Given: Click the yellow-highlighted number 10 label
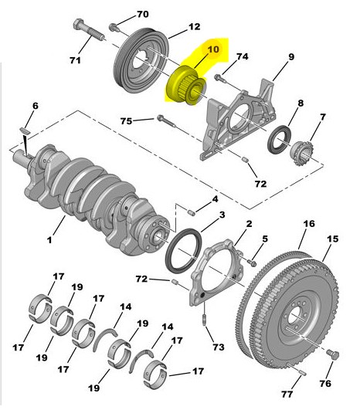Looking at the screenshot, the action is coord(213,49).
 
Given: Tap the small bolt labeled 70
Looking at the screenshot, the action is coord(114,27).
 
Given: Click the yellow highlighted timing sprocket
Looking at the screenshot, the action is coord(186,85).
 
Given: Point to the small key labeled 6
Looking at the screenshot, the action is coord(25,130).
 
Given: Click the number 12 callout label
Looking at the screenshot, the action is coord(195,26).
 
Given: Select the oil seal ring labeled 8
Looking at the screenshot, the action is coord(279,140).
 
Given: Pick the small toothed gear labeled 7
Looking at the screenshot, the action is coord(302,153).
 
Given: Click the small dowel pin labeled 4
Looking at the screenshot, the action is coord(191,213).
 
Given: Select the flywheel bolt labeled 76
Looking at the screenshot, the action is coord(333,355).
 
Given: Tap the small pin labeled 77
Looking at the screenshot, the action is coord(302,372).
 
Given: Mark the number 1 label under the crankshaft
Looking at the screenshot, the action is coord(49,240).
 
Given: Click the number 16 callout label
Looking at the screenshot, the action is coord(309,223).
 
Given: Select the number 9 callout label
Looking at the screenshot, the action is coord(291,57).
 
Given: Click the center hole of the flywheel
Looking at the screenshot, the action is coord(294,315).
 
